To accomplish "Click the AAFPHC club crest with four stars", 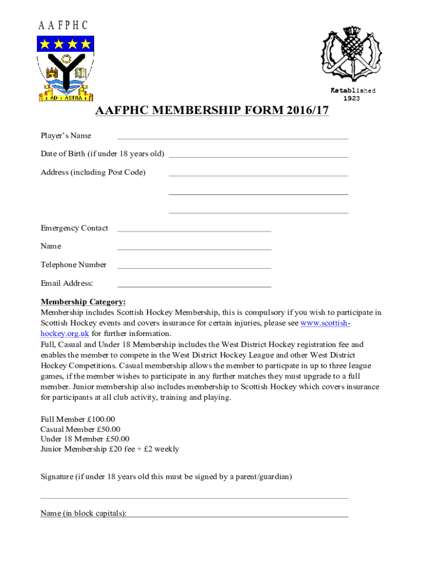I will pyautogui.click(x=65, y=68).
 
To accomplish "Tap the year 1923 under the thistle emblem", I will pyautogui.click(x=352, y=99).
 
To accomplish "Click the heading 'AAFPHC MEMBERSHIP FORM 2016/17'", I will pyautogui.click(x=212, y=111).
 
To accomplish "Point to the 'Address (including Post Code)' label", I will pyautogui.click(x=93, y=172).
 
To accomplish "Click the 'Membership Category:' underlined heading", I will pyautogui.click(x=83, y=302).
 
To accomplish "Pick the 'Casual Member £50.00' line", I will pyautogui.click(x=80, y=429).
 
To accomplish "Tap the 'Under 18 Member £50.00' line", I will pyautogui.click(x=85, y=439).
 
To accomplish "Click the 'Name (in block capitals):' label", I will pyautogui.click(x=83, y=513).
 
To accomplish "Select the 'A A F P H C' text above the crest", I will pyautogui.click(x=63, y=25).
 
